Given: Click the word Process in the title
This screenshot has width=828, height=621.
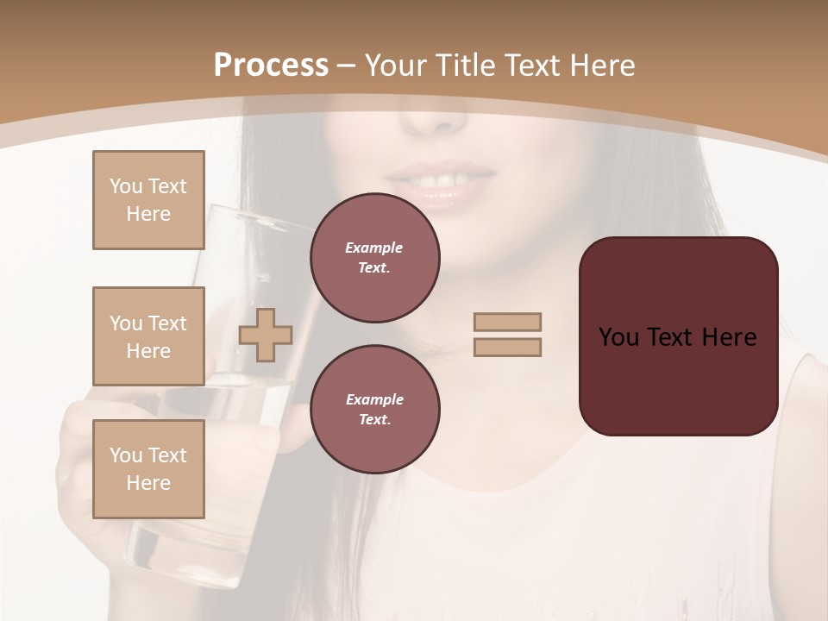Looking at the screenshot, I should point(271,66).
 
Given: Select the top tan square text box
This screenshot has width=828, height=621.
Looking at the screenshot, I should point(148,200).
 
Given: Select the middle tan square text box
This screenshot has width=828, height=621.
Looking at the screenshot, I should point(148,336).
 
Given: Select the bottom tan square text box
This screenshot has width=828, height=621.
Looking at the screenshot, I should point(148,469).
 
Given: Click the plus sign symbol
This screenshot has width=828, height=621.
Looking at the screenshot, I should point(266,335).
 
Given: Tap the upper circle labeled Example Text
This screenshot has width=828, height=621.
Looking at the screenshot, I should point(374,258).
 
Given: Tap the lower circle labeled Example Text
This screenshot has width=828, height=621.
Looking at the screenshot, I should point(374,409).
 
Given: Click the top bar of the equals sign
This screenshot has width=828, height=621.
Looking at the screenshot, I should point(507,322).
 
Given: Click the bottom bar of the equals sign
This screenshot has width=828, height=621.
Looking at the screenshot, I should point(507,348).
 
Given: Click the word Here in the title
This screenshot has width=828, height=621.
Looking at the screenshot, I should point(602,66).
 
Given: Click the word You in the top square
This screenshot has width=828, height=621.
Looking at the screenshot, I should point(126,186).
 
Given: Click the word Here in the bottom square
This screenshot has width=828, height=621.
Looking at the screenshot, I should point(148,483).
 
